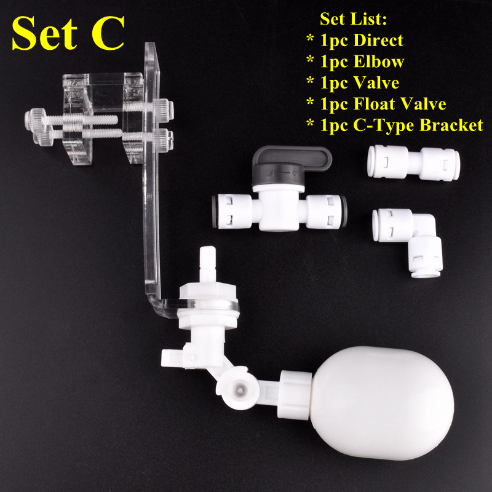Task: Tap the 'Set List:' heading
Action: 353,19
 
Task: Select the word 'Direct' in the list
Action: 378,41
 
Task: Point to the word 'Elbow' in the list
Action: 378,61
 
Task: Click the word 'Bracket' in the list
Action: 451,125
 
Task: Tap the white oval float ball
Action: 383,403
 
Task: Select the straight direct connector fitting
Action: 413,162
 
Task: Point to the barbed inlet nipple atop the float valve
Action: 208,264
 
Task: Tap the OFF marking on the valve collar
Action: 271,173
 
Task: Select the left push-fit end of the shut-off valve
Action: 231,212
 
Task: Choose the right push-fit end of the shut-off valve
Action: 327,212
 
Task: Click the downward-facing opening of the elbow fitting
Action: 425,274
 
